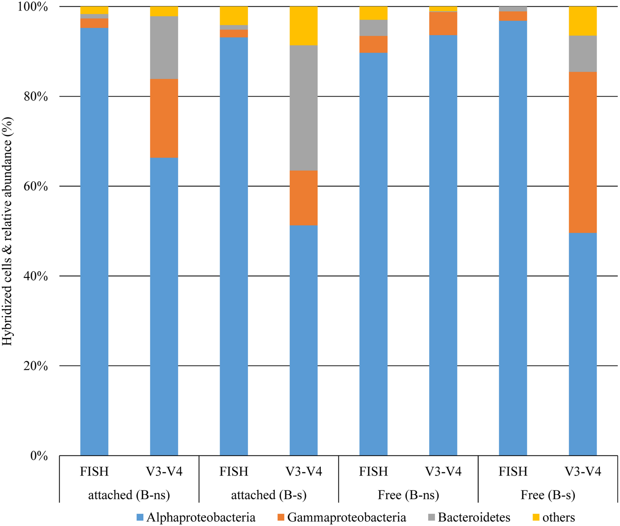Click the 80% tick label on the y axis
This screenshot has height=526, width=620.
(36, 97)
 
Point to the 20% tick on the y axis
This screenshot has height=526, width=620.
(36, 366)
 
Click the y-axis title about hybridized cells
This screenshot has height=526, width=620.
(7, 231)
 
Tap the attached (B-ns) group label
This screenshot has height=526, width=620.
(129, 495)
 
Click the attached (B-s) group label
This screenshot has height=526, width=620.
(269, 495)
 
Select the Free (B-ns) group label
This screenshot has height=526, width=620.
(408, 495)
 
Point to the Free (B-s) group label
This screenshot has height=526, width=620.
(548, 495)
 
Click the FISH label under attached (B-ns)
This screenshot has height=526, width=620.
(94, 471)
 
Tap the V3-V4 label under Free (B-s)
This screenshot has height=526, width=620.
(583, 471)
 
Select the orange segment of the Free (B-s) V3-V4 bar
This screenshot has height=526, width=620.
(583, 152)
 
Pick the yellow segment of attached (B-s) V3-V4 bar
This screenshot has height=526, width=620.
(303, 26)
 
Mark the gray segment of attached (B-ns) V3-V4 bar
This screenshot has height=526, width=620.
(164, 47)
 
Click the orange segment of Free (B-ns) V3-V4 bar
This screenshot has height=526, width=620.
(443, 24)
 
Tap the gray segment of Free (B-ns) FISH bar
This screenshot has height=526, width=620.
(373, 28)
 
